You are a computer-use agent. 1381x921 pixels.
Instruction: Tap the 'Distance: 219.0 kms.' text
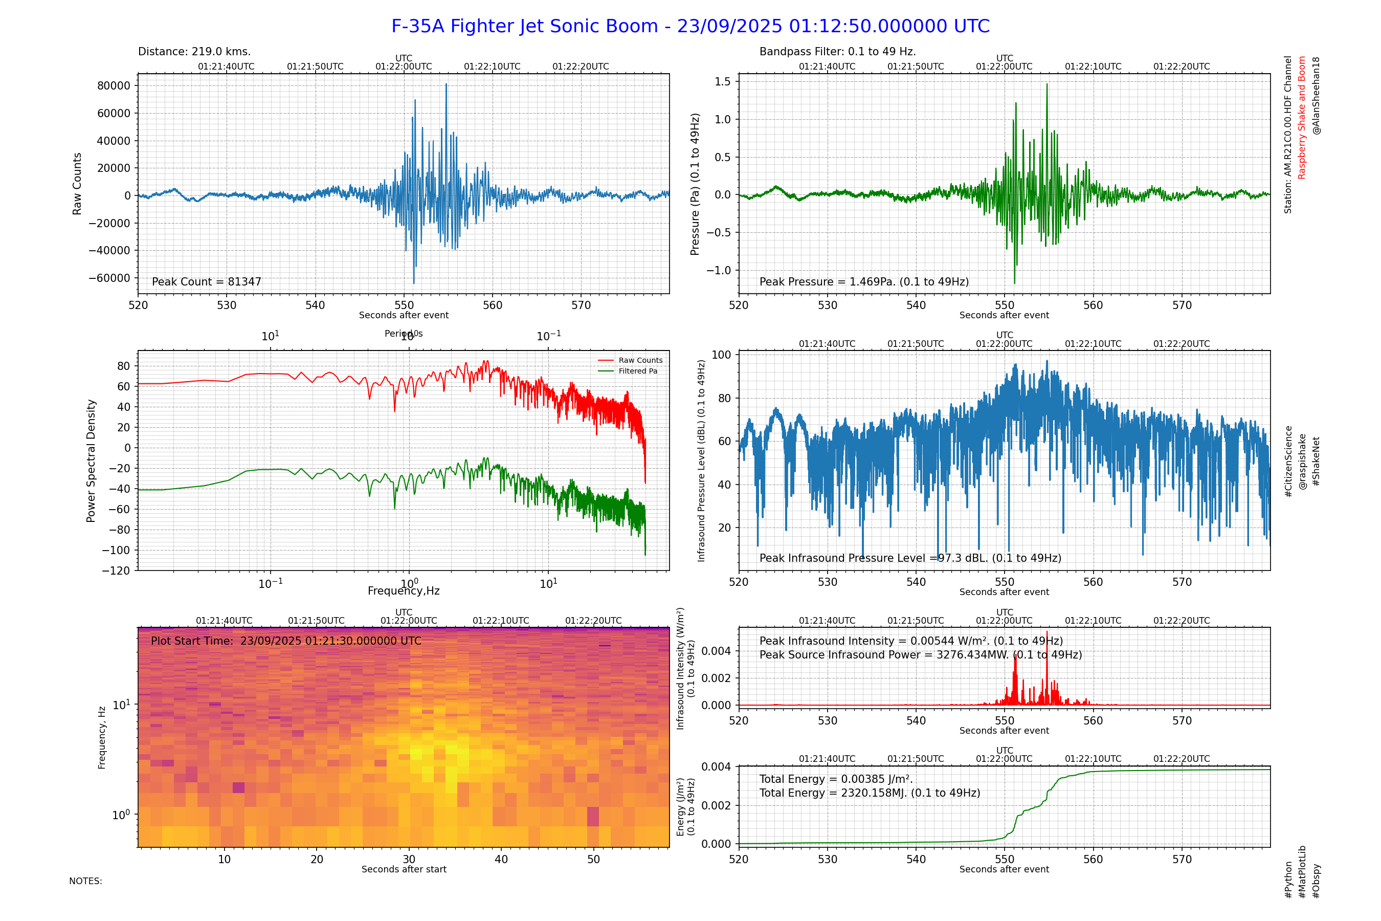194,52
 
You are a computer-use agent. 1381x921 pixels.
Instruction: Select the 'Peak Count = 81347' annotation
207,282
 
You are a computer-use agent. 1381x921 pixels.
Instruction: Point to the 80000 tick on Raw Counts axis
114,86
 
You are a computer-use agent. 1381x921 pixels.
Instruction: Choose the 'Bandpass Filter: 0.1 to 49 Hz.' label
837,52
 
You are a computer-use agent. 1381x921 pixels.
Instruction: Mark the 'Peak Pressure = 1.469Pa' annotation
864,282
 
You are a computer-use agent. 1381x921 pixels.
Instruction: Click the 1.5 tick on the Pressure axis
722,82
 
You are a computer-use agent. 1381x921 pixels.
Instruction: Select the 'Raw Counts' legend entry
640,361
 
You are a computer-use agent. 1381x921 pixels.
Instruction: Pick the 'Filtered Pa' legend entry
638,371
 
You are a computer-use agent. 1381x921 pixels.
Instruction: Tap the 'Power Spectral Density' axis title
91,461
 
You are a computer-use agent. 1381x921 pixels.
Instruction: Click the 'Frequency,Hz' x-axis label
404,591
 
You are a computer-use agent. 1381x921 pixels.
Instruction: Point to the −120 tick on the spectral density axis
116,571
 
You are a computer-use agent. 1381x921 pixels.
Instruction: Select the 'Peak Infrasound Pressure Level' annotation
910,558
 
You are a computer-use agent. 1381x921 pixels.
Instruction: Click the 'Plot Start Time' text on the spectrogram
286,641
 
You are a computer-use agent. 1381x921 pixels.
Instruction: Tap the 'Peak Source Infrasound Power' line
920,655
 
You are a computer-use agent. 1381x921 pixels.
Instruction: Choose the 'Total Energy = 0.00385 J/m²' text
836,779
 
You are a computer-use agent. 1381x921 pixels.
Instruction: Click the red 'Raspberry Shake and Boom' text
1302,118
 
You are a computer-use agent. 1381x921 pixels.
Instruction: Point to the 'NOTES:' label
86,881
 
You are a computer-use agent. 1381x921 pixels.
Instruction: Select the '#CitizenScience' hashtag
1288,462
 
